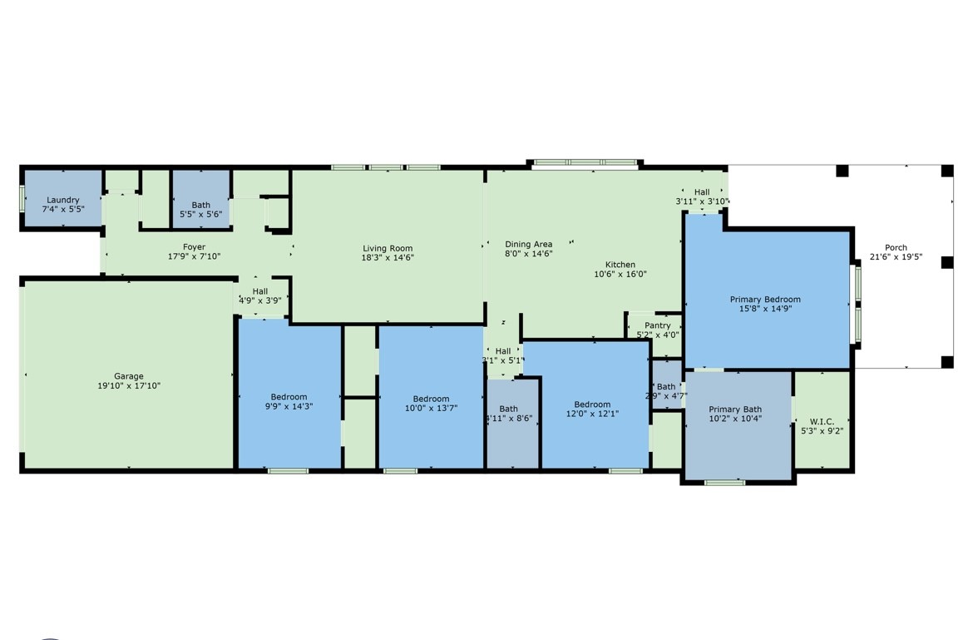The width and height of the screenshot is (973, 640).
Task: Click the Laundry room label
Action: (x=63, y=200)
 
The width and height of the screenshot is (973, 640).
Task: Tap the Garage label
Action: (x=129, y=376)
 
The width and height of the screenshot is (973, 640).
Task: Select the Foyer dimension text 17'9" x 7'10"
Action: (x=194, y=257)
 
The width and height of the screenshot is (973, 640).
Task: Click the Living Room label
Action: (x=388, y=248)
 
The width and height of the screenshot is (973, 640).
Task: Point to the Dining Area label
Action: (x=528, y=244)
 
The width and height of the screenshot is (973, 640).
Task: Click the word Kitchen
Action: (x=620, y=265)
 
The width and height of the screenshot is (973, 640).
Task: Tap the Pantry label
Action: (x=657, y=325)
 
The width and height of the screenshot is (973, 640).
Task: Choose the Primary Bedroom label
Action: (x=765, y=300)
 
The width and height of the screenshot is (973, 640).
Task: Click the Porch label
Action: (x=896, y=248)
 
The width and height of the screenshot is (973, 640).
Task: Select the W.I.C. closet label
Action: (x=822, y=422)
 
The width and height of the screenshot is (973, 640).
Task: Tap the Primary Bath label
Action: (x=735, y=409)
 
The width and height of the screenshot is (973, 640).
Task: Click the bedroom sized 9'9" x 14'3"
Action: (x=289, y=397)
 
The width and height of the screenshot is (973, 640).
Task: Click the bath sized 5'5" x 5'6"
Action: (x=200, y=205)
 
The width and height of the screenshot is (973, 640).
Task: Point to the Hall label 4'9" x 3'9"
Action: (x=260, y=291)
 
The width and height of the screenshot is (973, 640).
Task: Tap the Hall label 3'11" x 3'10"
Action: (x=702, y=192)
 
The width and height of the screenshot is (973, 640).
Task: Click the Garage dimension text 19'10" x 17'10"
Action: (x=129, y=386)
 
